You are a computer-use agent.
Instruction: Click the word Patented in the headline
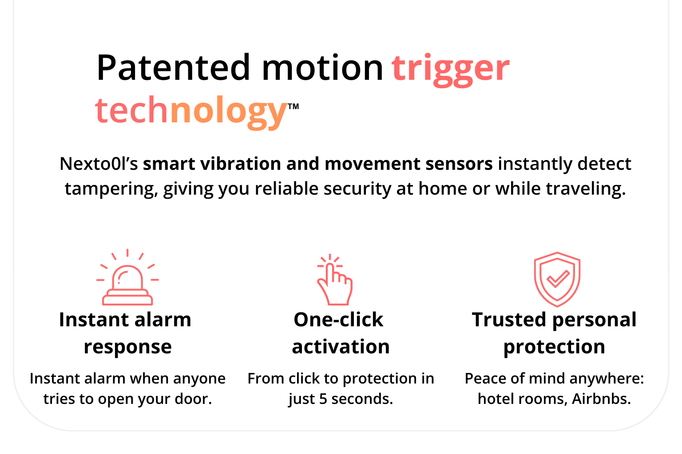coord(173,67)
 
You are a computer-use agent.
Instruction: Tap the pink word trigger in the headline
coord(451,70)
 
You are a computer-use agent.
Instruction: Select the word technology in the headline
coord(191,112)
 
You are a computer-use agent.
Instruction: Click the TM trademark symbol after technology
coord(293,106)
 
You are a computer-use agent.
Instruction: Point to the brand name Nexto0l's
coord(99,164)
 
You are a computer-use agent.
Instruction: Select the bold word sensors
coord(459,164)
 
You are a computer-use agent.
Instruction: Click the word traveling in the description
coord(586,188)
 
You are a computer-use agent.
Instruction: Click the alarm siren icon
coord(127,277)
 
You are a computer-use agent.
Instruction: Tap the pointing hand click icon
coord(335,279)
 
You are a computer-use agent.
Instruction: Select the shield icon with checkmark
coord(557,279)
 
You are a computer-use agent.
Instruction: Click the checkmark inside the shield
coord(558,278)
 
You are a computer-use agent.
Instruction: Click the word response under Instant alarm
coord(128,347)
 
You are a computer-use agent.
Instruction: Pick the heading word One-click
coord(338,320)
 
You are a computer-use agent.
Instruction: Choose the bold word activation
coord(341,347)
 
